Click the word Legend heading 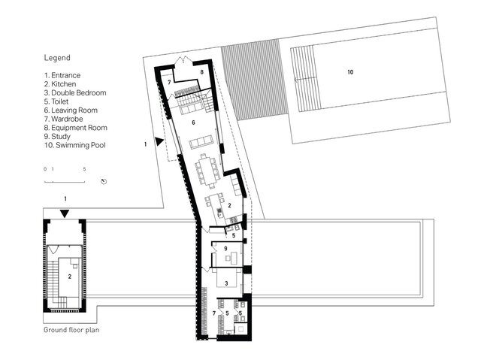pos(57,58)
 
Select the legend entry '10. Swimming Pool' pos(75,145)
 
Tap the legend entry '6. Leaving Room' pos(71,110)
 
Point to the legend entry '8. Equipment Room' pos(75,128)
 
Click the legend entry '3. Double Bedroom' pos(75,92)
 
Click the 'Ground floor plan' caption pos(71,330)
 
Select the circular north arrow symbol pos(104,181)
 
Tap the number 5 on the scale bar pos(84,169)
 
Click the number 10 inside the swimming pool pos(350,72)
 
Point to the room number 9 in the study pos(225,248)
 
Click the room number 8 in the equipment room pos(201,72)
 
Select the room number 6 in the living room pos(193,123)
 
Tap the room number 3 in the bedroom pos(226,283)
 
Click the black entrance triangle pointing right pos(159,141)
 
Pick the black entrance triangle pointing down pos(65,213)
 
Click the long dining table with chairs pos(207,171)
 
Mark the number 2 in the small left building pos(70,277)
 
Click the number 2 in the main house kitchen pos(229,206)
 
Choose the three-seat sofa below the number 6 pos(201,142)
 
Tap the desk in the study pos(234,257)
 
